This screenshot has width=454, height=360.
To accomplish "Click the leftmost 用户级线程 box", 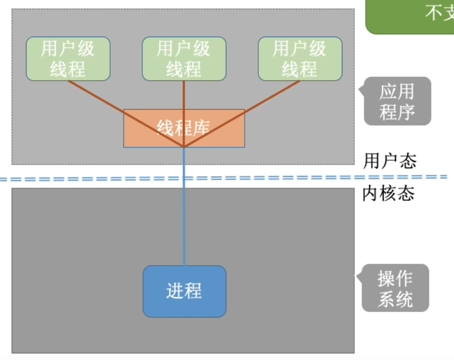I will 68,59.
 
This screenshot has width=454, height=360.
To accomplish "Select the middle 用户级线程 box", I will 184,59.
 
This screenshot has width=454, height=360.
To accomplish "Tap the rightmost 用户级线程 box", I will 300,59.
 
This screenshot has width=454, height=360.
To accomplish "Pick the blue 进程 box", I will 184,291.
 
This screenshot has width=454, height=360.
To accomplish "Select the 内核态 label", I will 388,193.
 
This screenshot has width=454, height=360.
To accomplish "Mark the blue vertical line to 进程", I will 184,214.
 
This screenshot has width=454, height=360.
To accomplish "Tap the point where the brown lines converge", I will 184,147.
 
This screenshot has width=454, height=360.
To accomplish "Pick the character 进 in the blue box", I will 175,291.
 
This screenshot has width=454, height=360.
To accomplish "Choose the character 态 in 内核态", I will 406,193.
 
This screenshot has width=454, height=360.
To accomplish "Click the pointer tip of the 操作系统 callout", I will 356,277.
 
